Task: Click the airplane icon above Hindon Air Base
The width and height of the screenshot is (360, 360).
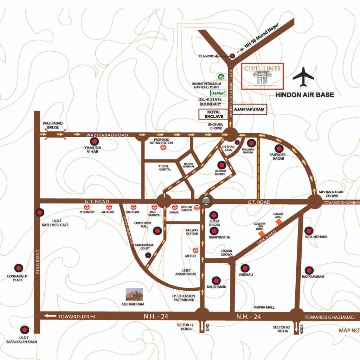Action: click(x=303, y=77)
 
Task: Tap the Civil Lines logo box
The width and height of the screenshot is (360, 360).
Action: click(x=262, y=76)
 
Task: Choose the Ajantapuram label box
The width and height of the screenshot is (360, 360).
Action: click(x=249, y=109)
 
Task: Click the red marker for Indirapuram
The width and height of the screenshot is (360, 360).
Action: click(x=309, y=270)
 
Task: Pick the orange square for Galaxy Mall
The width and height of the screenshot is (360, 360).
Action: click(x=279, y=222)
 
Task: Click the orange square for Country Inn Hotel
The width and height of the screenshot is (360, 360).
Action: click(x=262, y=233)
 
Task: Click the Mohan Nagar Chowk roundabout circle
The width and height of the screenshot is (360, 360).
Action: click(x=314, y=201)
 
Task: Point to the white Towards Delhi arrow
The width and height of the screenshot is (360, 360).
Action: click(x=50, y=316)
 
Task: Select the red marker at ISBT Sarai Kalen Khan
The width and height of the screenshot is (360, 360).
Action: click(x=24, y=330)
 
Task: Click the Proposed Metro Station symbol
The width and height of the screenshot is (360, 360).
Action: click(x=163, y=148)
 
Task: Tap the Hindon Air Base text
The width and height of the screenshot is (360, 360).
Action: click(x=304, y=95)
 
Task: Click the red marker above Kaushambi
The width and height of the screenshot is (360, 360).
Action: click(x=216, y=281)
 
